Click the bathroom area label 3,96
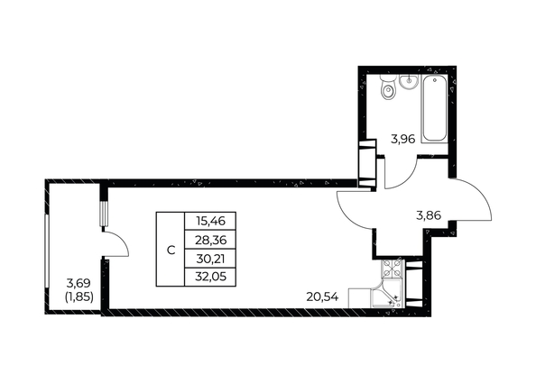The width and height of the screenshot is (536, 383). pos(402,140)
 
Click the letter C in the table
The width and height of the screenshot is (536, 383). pos(170,249)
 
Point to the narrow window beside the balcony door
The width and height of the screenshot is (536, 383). pos(105,214)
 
